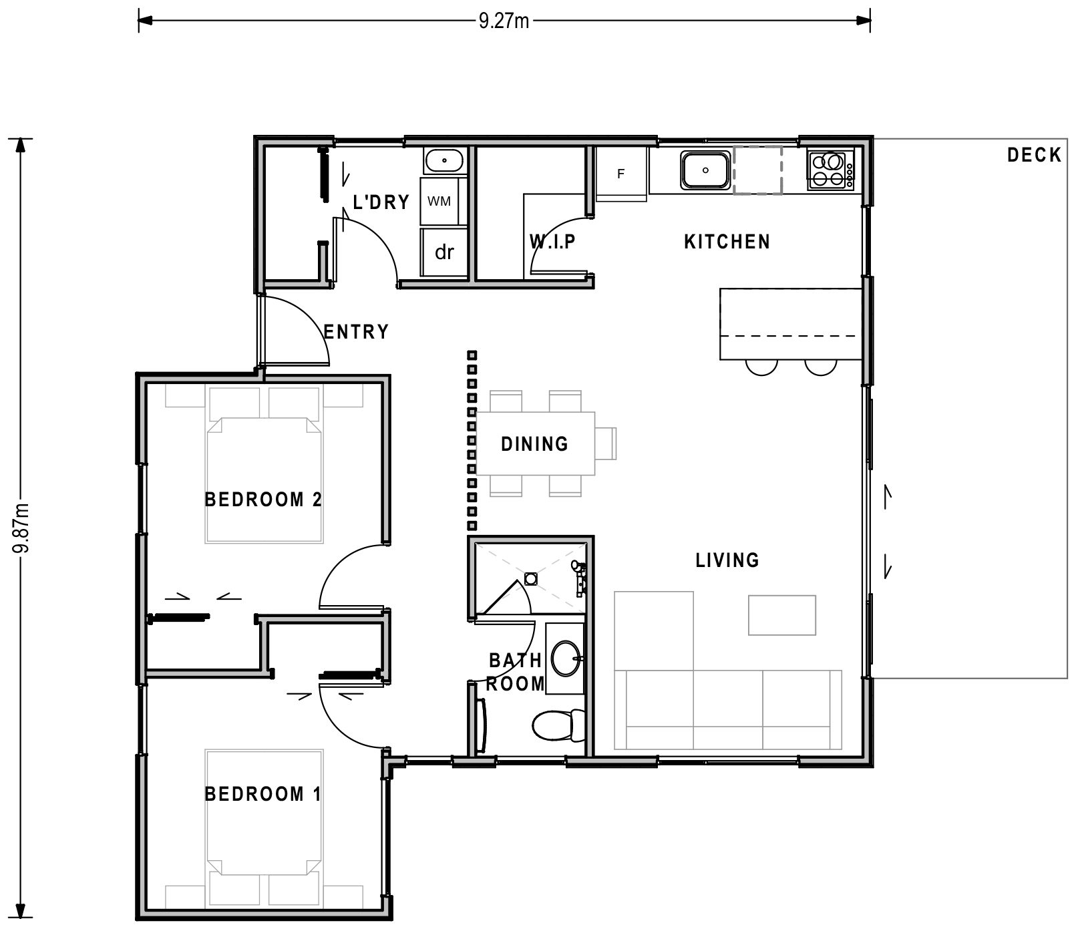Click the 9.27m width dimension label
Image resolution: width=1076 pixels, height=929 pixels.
point(504,21)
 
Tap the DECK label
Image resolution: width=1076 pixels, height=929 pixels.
point(1034,156)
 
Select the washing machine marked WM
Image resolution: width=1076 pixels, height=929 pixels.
point(439,201)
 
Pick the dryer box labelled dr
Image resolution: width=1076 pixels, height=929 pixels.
point(444,252)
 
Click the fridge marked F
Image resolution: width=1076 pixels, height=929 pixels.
point(621,174)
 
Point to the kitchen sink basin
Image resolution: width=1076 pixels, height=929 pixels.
point(705,170)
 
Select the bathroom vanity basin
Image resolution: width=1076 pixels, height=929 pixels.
point(566,659)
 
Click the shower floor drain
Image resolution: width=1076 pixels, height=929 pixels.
point(531,578)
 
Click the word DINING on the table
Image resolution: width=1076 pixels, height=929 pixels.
point(534,444)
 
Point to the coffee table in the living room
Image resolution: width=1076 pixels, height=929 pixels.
point(781,615)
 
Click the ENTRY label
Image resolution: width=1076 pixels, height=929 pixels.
point(356,332)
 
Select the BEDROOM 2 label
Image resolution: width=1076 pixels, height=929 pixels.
point(263,500)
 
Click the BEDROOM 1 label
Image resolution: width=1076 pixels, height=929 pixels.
point(262,794)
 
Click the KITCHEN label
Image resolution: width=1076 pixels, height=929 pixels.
point(727,242)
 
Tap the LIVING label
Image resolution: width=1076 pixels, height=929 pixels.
point(727,560)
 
